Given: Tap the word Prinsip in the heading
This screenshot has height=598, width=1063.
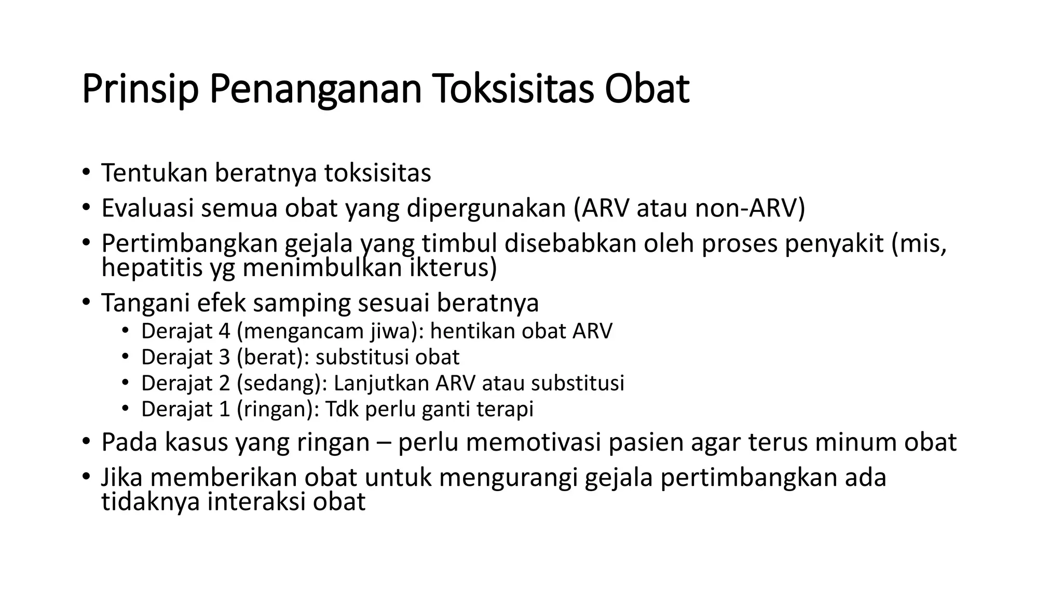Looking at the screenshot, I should point(140,89).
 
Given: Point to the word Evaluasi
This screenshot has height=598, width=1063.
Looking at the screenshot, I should point(147,208).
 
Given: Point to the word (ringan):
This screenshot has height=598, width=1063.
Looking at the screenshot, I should point(278,409).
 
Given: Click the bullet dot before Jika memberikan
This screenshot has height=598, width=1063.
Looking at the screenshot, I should point(86,477).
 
